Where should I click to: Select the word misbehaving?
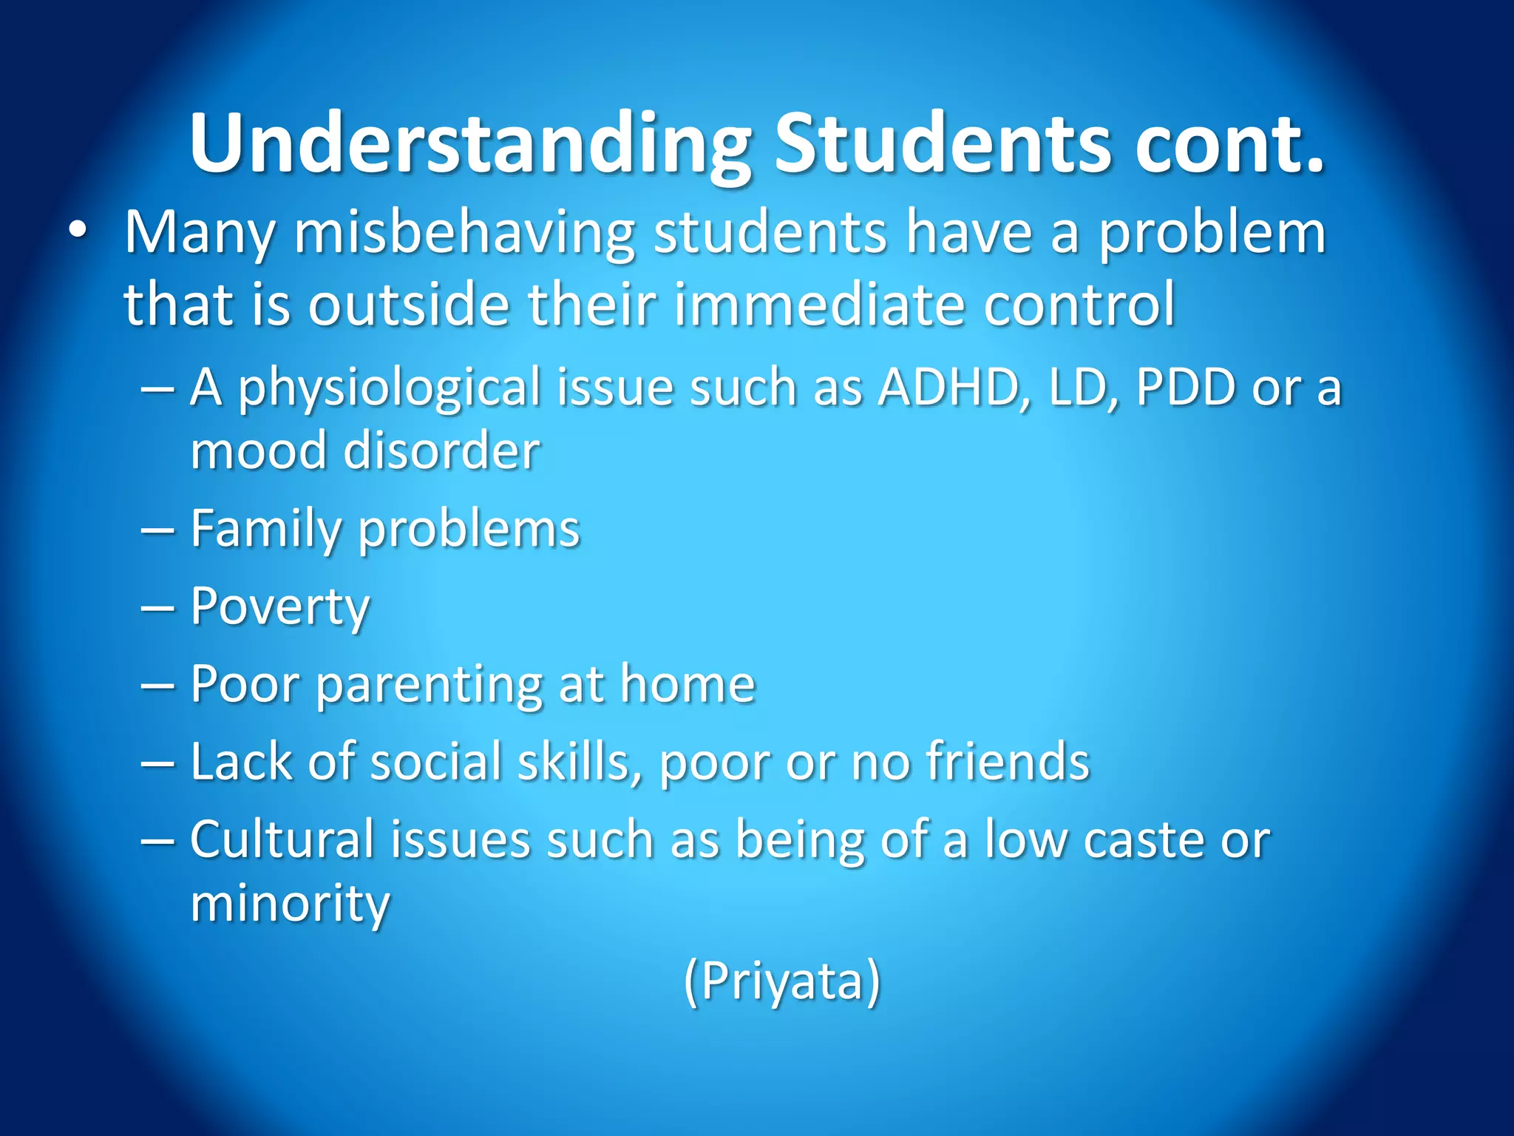464,233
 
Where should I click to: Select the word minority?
289,905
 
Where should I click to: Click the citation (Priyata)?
782,981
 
